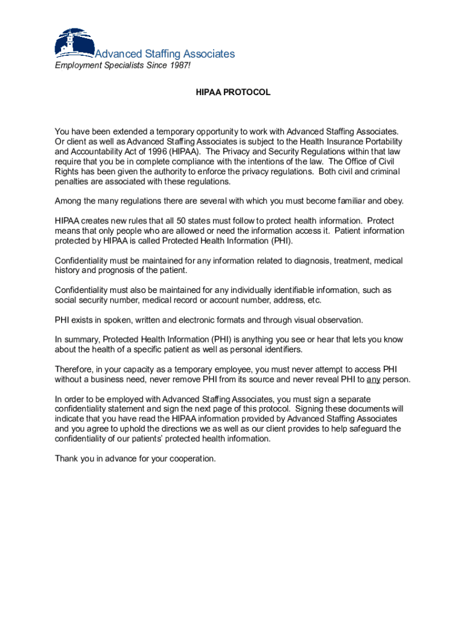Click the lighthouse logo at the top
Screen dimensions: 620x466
pyautogui.click(x=74, y=43)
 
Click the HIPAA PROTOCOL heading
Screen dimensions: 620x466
pyautogui.click(x=233, y=93)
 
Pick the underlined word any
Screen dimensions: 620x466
pyautogui.click(x=373, y=380)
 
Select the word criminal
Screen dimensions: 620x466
pyautogui.click(x=382, y=171)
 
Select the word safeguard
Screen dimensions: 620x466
pyautogui.click(x=362, y=429)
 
